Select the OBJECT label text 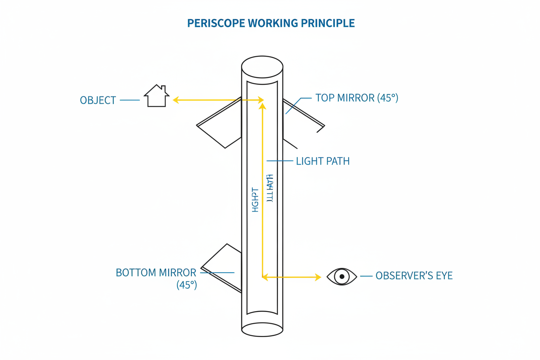pos(98,100)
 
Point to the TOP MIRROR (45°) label pos(357,98)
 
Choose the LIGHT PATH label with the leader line pos(322,161)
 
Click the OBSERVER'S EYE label pos(414,276)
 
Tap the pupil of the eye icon pos(342,276)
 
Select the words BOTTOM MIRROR pos(156,273)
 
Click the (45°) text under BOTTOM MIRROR pos(186,285)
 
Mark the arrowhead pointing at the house pos(176,100)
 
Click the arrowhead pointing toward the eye pos(318,277)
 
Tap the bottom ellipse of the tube pos(262,329)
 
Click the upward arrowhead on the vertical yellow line pos(262,106)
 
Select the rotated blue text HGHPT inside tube pos(255,200)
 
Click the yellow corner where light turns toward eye pos(263,276)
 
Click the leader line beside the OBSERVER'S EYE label pos(366,276)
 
